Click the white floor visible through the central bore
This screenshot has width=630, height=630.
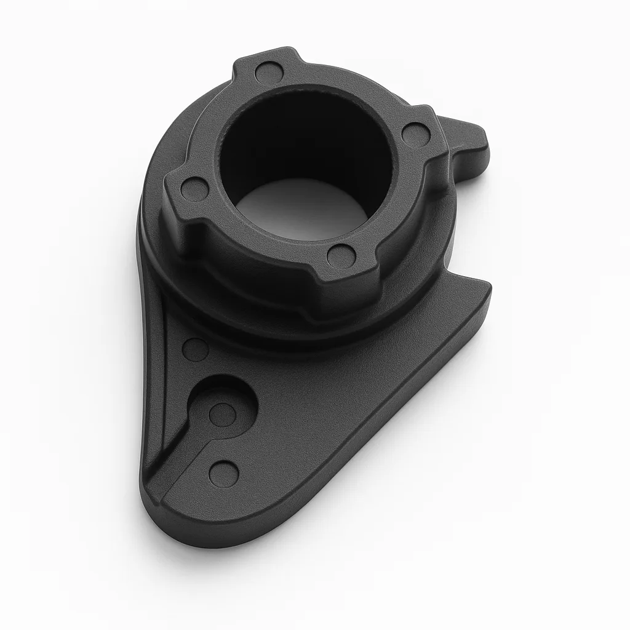pos(301,209)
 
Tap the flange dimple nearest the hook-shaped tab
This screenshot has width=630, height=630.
pos(415,134)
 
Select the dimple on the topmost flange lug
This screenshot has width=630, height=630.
pos(268,73)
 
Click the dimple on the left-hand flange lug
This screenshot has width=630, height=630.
pos(194,189)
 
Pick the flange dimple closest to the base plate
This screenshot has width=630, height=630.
pos(341,254)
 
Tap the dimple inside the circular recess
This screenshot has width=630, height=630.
pos(221,414)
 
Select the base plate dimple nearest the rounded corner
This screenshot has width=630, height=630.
pos(223,473)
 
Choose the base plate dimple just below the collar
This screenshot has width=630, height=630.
pos(196,349)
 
